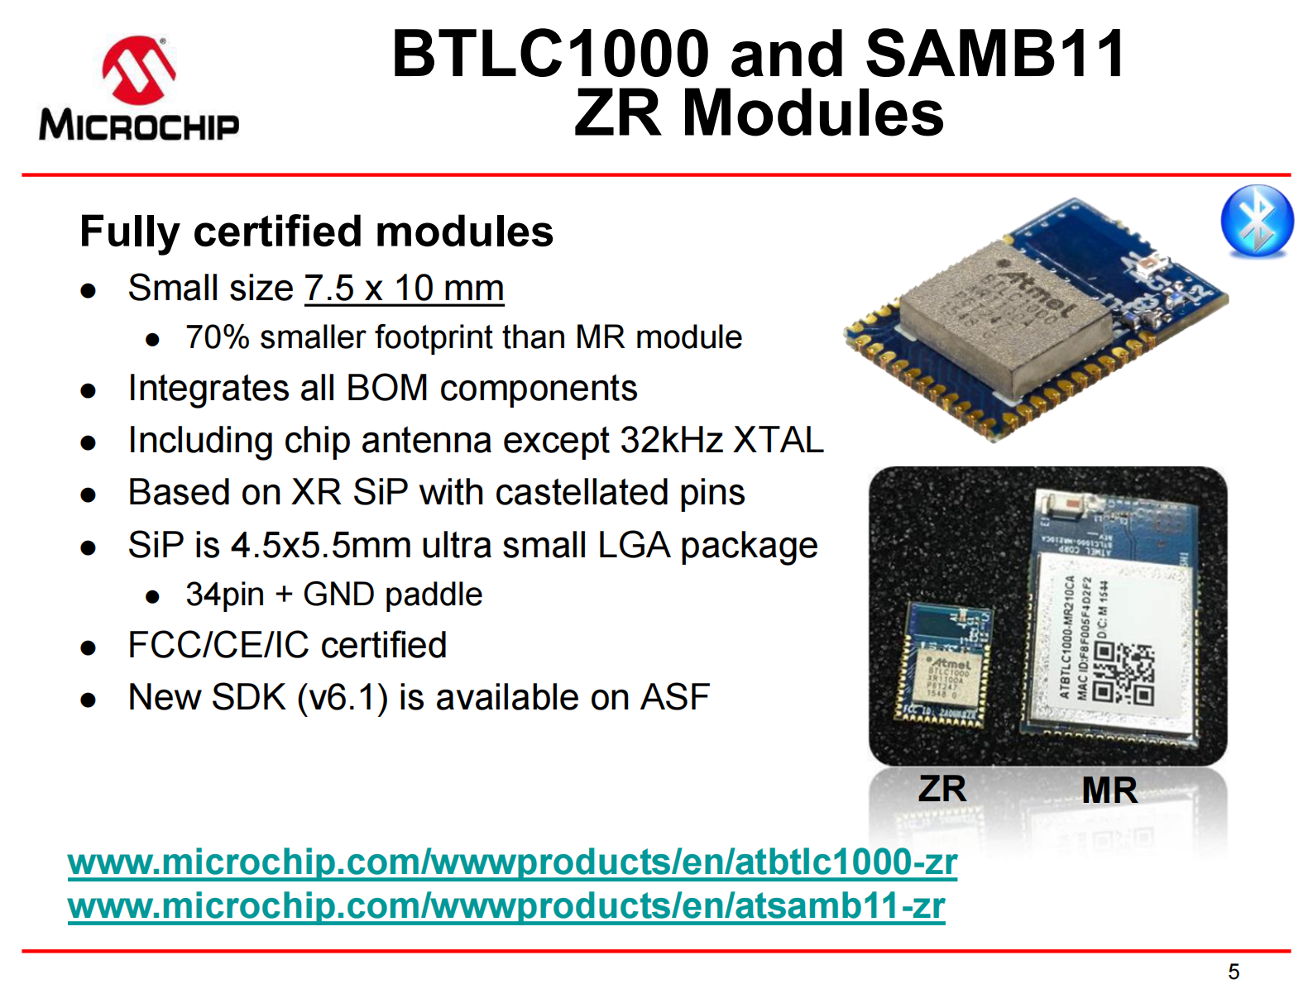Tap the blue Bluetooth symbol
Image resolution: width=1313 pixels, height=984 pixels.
click(1257, 221)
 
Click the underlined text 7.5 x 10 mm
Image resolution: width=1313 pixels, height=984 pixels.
click(404, 289)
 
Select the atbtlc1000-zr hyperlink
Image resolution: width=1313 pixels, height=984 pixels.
click(512, 862)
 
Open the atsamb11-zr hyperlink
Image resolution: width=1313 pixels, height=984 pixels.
click(506, 905)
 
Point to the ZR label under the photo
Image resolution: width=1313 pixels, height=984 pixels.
click(942, 788)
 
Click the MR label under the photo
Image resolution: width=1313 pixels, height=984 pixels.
click(1109, 790)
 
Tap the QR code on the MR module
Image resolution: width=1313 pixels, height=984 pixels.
click(1124, 673)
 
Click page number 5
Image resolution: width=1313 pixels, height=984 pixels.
click(1234, 972)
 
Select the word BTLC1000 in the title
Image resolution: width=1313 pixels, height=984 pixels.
click(550, 54)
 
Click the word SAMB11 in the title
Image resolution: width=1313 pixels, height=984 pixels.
click(995, 54)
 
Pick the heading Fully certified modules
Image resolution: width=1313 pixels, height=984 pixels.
click(316, 232)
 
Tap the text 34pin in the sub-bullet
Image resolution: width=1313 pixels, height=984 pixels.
click(224, 595)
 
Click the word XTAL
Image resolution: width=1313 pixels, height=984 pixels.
click(778, 440)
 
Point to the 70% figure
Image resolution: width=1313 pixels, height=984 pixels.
click(217, 337)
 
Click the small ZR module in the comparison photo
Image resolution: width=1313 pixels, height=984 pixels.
click(945, 666)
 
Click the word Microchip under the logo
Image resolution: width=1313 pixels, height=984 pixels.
click(138, 126)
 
